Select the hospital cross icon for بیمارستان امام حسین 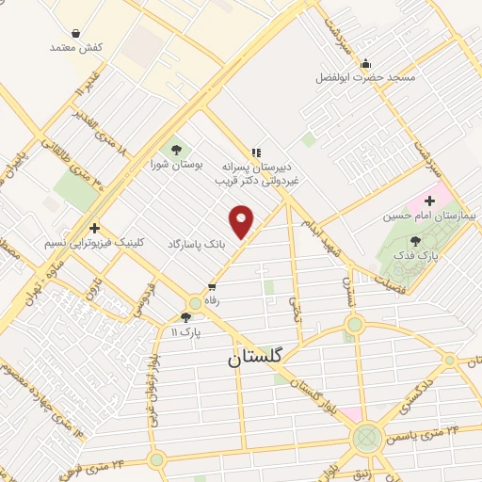[430, 201]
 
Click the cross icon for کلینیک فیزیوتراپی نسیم [93, 228]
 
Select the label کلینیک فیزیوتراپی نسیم [79, 243]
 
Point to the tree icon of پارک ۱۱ [184, 318]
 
